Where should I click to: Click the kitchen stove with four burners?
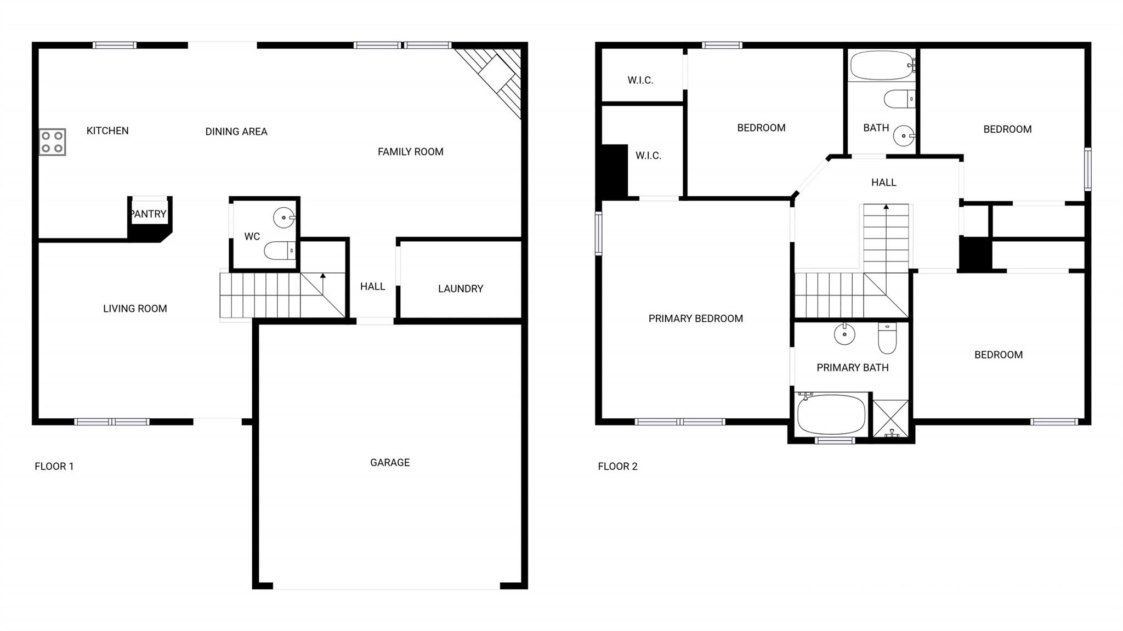(53, 142)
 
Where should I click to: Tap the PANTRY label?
(149, 214)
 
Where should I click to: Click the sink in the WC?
(285, 218)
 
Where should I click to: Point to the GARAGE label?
(390, 463)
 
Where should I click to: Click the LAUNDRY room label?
(461, 289)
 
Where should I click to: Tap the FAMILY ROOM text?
(411, 152)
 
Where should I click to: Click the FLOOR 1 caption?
(54, 467)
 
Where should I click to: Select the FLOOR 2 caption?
(617, 467)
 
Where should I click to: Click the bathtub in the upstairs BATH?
(882, 66)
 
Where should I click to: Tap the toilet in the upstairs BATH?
(899, 99)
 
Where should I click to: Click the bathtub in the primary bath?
(831, 414)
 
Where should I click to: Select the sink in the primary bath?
(844, 334)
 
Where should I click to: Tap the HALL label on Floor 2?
(884, 183)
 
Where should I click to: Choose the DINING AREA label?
(236, 132)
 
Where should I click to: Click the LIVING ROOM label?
(135, 309)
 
